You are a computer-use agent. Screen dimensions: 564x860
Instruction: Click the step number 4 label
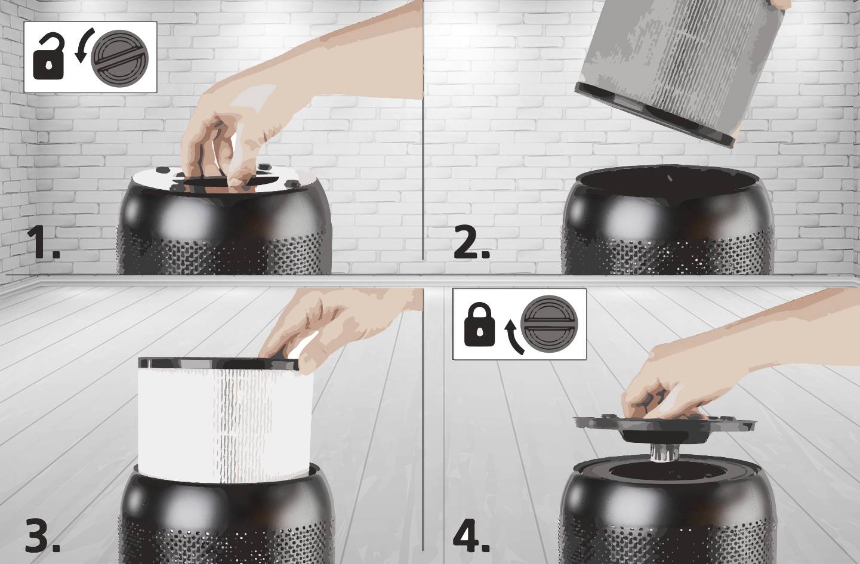pos(471,535)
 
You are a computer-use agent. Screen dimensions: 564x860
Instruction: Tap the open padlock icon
pos(48,58)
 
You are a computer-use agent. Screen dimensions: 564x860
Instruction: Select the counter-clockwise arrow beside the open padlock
pos(82,47)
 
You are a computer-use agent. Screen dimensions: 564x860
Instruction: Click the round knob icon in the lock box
pos(549,323)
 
